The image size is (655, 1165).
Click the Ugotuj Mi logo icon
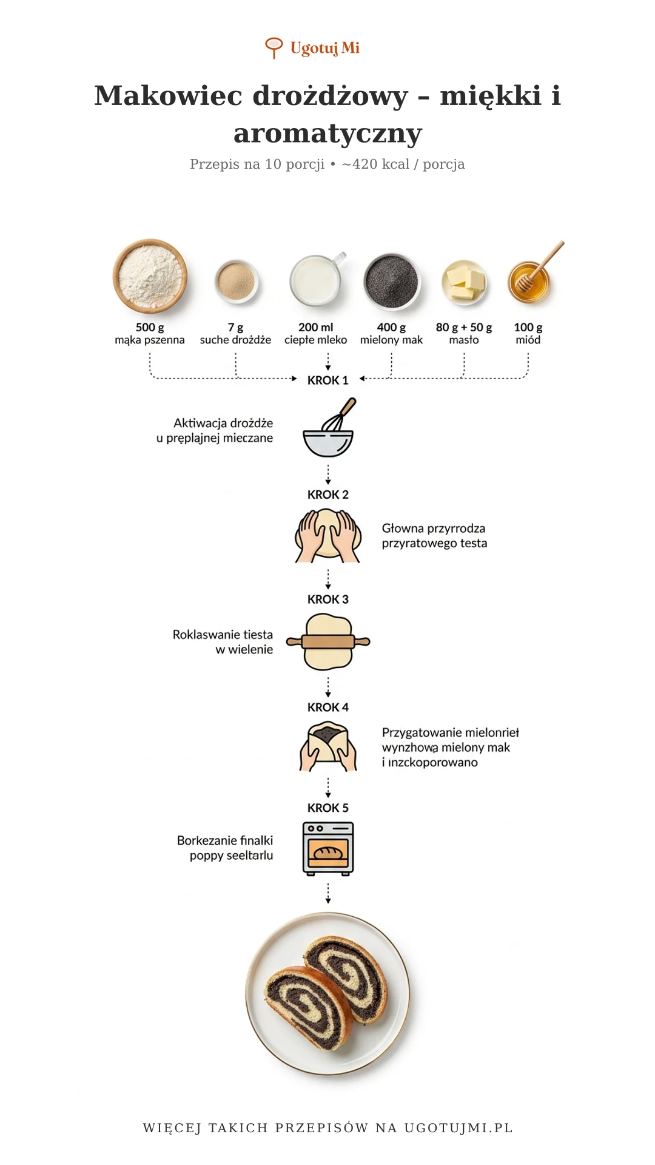tap(274, 47)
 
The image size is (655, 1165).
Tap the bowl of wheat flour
tap(150, 276)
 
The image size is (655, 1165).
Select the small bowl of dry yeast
tap(236, 281)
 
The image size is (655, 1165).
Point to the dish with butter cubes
tap(464, 282)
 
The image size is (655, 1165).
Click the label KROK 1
tap(327, 380)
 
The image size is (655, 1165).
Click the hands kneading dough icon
tap(328, 535)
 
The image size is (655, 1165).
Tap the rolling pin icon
tap(328, 642)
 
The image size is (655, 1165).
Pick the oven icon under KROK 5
tap(328, 848)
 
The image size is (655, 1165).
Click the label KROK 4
tap(327, 707)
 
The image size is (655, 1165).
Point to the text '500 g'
tap(150, 328)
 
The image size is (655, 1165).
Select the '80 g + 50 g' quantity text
tap(464, 328)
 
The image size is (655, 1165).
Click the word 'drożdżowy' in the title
tap(330, 96)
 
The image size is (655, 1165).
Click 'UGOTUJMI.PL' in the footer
tap(458, 1128)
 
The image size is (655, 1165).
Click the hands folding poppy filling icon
tap(328, 747)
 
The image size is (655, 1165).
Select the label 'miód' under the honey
tap(528, 340)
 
